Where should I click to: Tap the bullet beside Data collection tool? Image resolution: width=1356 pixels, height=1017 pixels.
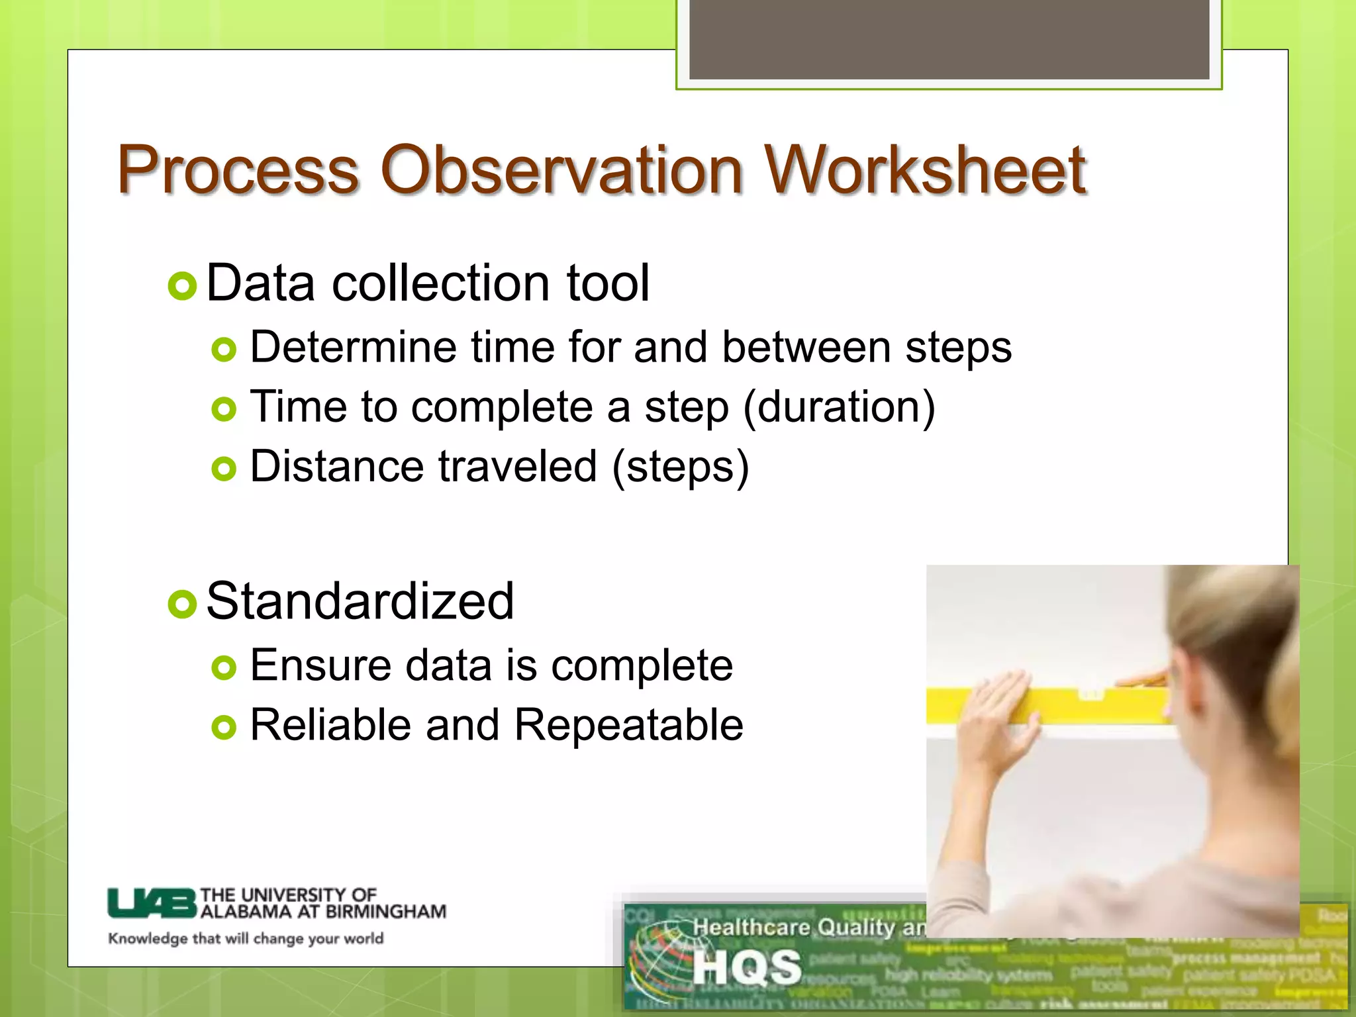click(182, 287)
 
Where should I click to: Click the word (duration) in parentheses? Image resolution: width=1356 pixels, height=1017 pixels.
click(839, 407)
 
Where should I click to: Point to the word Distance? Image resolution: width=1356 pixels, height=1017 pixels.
click(336, 466)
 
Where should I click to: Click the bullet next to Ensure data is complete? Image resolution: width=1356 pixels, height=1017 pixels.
click(224, 668)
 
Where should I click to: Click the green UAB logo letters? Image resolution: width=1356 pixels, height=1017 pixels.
click(152, 903)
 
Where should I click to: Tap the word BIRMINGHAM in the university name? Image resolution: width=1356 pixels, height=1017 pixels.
click(385, 912)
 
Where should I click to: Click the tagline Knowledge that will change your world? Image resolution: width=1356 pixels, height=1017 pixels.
click(246, 939)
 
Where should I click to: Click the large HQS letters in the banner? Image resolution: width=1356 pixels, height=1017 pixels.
click(747, 967)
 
